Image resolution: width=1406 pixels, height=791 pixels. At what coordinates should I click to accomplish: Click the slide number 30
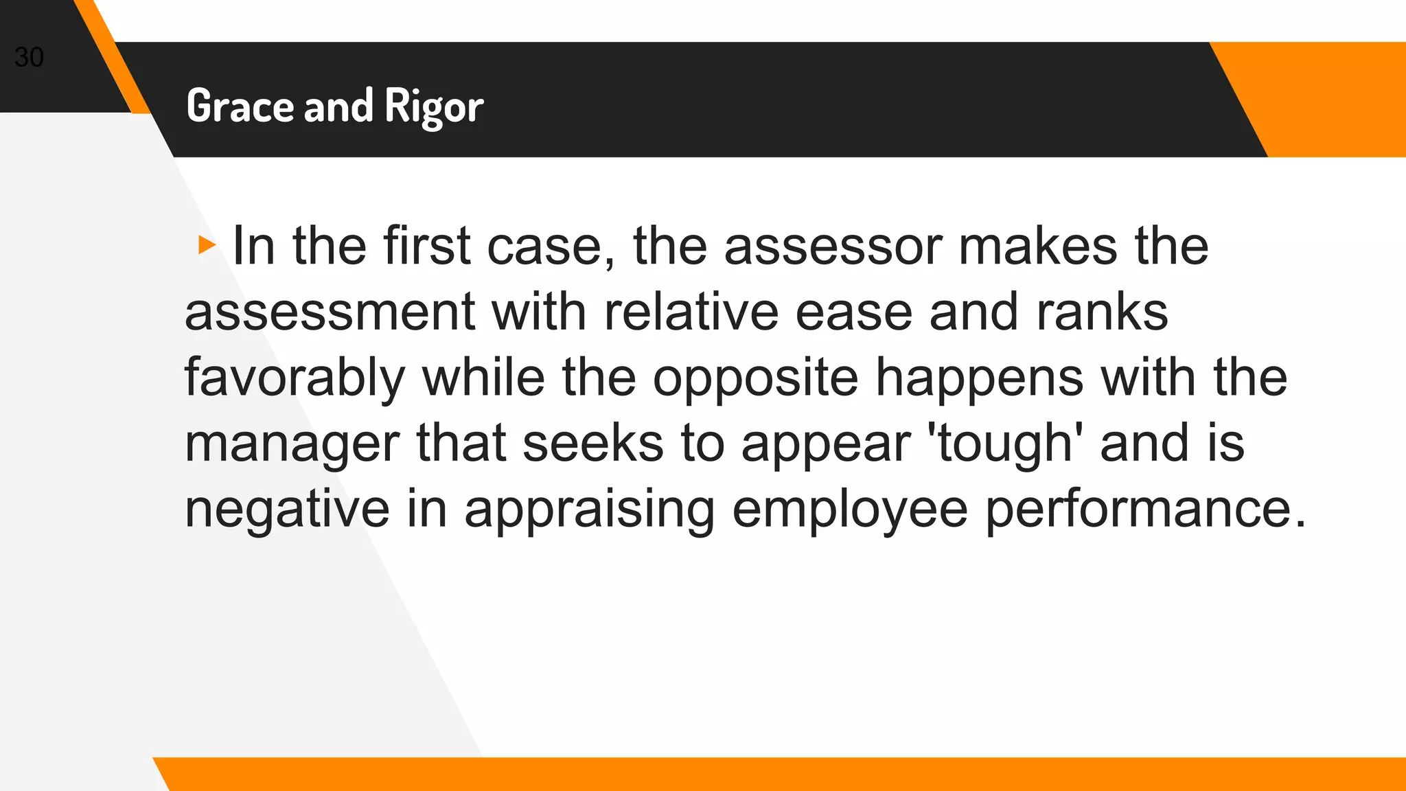pos(29,58)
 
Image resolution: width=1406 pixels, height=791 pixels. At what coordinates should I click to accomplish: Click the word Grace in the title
pos(239,106)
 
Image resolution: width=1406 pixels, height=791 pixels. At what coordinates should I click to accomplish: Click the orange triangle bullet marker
pos(206,245)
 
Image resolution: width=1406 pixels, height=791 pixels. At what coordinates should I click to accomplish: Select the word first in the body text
pos(426,246)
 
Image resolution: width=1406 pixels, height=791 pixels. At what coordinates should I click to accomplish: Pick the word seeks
pos(593,444)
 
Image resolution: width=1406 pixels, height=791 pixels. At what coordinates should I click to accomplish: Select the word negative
pos(287,509)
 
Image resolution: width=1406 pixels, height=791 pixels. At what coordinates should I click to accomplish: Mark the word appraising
pos(589,509)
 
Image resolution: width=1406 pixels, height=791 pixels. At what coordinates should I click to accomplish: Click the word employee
pos(850,509)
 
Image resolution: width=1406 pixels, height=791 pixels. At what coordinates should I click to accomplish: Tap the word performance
pos(1145,509)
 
